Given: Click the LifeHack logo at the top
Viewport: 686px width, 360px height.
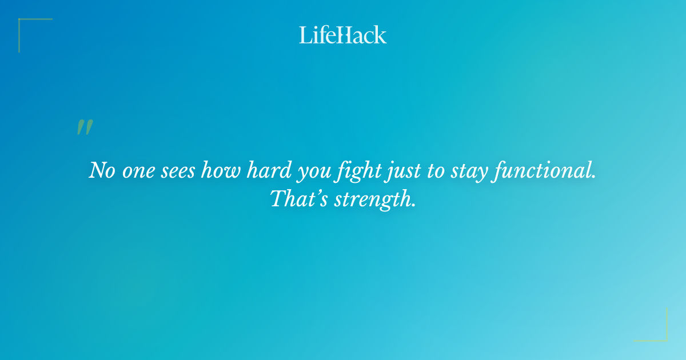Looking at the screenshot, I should coord(343,35).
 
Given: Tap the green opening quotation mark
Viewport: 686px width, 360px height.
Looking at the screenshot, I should coord(84,127).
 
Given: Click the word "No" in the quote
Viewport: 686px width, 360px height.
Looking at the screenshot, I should coord(102,171).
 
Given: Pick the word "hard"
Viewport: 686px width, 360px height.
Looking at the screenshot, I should coord(266,171).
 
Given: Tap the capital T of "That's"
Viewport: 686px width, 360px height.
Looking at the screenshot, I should coord(277,198).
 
